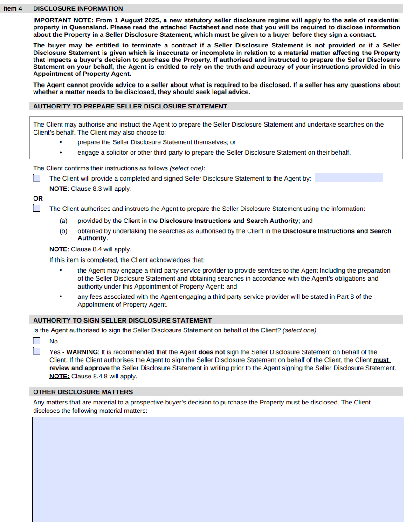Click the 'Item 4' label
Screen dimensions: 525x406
[13, 8]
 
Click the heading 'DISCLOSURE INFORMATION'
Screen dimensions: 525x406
[78, 8]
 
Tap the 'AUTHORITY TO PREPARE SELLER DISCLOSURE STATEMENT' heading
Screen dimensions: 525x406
[130, 106]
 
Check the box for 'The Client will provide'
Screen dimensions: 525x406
[37, 178]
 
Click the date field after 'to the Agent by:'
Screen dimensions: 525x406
[349, 178]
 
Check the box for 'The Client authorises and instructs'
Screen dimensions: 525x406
[37, 209]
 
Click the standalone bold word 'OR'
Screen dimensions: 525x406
[38, 198]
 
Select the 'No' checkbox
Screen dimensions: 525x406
[37, 341]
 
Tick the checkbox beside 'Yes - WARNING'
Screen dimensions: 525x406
[37, 351]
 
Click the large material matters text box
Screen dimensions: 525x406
[218, 469]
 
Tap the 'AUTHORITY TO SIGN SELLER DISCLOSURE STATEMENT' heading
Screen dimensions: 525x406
[123, 320]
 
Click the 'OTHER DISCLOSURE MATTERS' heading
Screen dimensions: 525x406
[83, 392]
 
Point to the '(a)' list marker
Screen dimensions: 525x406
[63, 221]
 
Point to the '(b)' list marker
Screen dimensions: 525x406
[63, 231]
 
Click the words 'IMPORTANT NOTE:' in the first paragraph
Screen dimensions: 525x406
[59, 20]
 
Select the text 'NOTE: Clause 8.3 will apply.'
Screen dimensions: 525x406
[90, 189]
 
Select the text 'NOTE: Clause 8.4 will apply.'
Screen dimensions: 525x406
[90, 249]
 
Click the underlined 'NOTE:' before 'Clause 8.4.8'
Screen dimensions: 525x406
[59, 376]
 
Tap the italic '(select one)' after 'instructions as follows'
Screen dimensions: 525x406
[187, 168]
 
